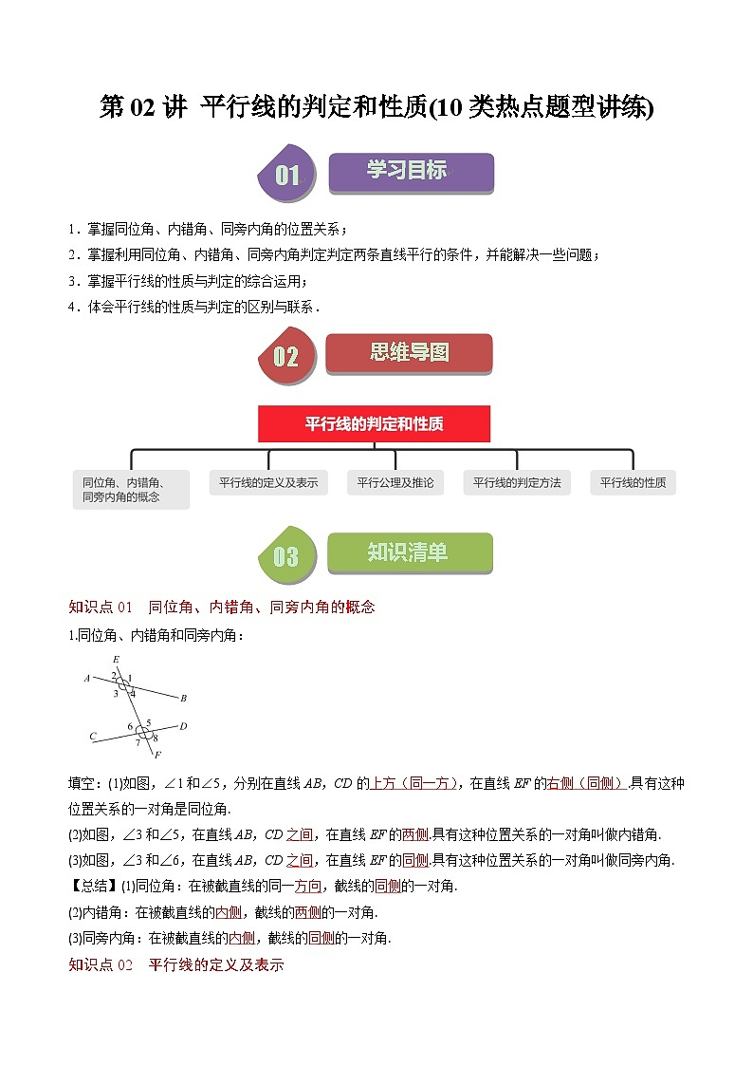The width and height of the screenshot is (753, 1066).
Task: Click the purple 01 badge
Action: tap(286, 175)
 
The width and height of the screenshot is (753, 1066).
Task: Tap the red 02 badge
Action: tap(285, 356)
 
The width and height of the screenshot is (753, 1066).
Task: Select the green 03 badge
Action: tap(285, 555)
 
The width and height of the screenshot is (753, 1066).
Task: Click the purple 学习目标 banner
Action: tap(410, 172)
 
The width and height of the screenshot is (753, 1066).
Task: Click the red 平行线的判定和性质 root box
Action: tap(374, 424)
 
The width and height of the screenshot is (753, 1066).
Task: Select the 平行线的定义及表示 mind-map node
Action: tap(268, 482)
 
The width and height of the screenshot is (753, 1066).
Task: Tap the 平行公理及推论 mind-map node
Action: tap(395, 482)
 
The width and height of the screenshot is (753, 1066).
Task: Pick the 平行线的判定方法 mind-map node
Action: tap(517, 482)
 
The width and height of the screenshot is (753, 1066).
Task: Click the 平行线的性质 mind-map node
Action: tap(633, 482)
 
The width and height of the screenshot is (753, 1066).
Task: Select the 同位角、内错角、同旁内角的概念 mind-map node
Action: tap(131, 489)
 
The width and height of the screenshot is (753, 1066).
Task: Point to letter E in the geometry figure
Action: tap(116, 660)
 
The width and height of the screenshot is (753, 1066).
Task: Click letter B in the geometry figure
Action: tap(183, 699)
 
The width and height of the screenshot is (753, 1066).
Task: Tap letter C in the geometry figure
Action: tap(93, 736)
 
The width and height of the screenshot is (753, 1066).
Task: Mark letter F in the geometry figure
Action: tap(157, 755)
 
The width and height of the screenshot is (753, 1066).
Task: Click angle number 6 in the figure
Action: tap(131, 727)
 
